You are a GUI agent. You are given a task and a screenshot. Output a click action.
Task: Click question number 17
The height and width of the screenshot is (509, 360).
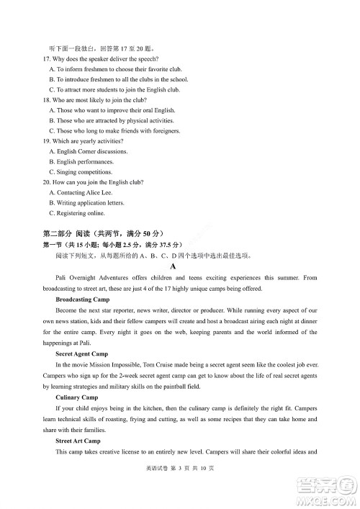click(48, 58)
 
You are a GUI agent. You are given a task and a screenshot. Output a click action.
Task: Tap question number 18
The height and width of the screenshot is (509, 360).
click(48, 100)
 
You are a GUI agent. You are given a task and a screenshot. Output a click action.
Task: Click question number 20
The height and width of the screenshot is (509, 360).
click(48, 183)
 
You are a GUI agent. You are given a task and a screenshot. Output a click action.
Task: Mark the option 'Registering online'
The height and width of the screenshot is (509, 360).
click(77, 214)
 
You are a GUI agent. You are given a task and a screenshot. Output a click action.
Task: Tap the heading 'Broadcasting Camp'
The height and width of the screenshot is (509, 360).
click(82, 299)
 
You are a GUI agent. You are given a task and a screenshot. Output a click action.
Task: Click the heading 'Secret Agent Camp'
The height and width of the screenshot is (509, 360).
click(81, 353)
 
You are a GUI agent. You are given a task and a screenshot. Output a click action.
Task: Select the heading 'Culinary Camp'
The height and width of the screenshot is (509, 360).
click(76, 397)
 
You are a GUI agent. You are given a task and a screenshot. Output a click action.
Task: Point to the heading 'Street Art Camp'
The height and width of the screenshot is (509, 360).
click(78, 441)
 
